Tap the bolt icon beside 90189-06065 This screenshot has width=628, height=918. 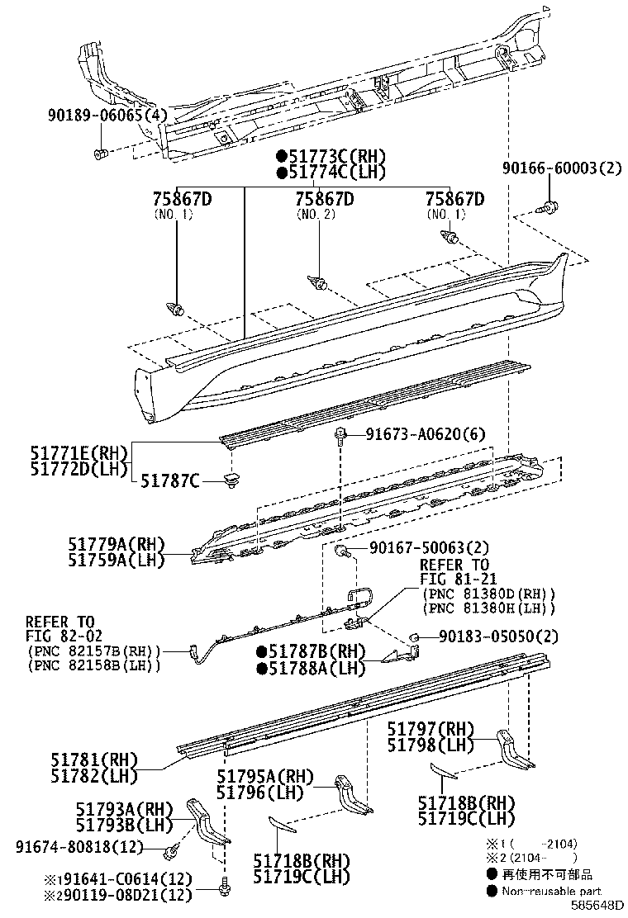pos(99,154)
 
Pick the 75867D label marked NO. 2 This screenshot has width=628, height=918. pos(325,200)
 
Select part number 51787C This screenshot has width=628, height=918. pos(170,480)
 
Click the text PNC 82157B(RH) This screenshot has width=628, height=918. pos(93,651)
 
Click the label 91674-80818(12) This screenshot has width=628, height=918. pos(79,847)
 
